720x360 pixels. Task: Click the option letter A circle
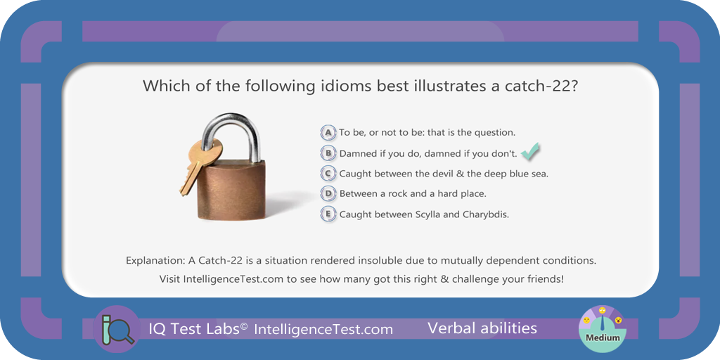[328, 133]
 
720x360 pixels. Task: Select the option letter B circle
[328, 153]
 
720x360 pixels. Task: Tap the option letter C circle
[328, 174]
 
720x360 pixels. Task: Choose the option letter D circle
[328, 194]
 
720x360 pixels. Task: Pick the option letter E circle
[328, 214]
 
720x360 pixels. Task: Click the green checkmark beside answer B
[530, 152]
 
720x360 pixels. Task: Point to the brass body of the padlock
[231, 190]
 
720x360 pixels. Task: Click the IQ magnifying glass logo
[117, 328]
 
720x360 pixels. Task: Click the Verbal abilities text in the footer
[482, 328]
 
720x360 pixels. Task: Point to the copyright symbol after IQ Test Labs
[244, 326]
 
